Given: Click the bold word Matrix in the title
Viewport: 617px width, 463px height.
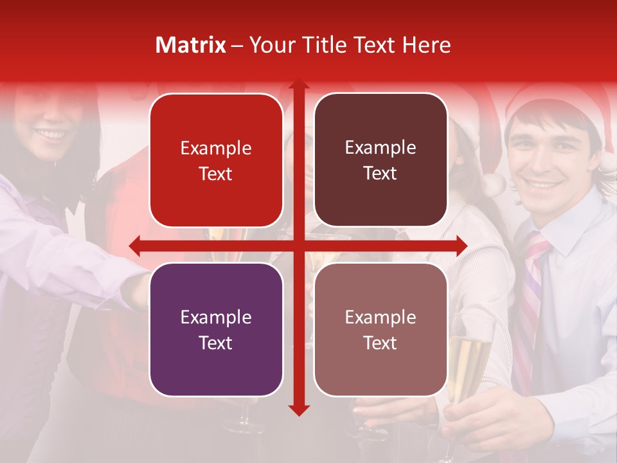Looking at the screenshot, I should tap(190, 45).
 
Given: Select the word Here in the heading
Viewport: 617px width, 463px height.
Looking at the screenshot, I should tap(426, 45).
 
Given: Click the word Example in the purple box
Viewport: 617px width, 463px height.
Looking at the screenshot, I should tap(216, 317).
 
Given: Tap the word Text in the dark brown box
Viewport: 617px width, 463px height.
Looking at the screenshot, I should tap(380, 174).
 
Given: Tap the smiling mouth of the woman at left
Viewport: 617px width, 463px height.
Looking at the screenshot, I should tap(51, 135).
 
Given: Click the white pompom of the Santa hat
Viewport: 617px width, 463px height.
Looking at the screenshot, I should tap(494, 184).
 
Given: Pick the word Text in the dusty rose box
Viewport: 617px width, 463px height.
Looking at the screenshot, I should tap(380, 343).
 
